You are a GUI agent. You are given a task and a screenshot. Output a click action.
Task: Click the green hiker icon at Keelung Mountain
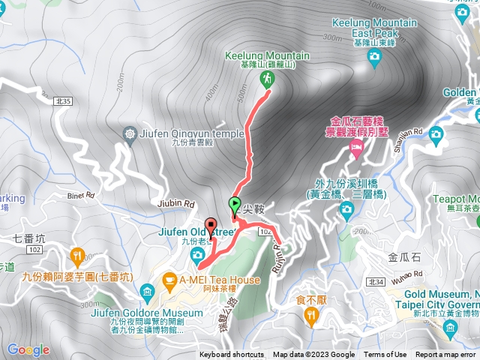click(x=266, y=79)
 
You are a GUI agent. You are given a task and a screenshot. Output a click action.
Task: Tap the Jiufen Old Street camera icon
click(x=196, y=256)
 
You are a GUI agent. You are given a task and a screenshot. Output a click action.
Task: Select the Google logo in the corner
click(x=28, y=349)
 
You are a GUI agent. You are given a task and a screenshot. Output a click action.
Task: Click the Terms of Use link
click(x=385, y=355)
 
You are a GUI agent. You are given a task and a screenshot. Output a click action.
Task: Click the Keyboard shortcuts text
click(x=231, y=355)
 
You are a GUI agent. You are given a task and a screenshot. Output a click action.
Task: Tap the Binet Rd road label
click(x=80, y=196)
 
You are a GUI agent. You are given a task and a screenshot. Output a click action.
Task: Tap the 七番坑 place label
click(x=30, y=238)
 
